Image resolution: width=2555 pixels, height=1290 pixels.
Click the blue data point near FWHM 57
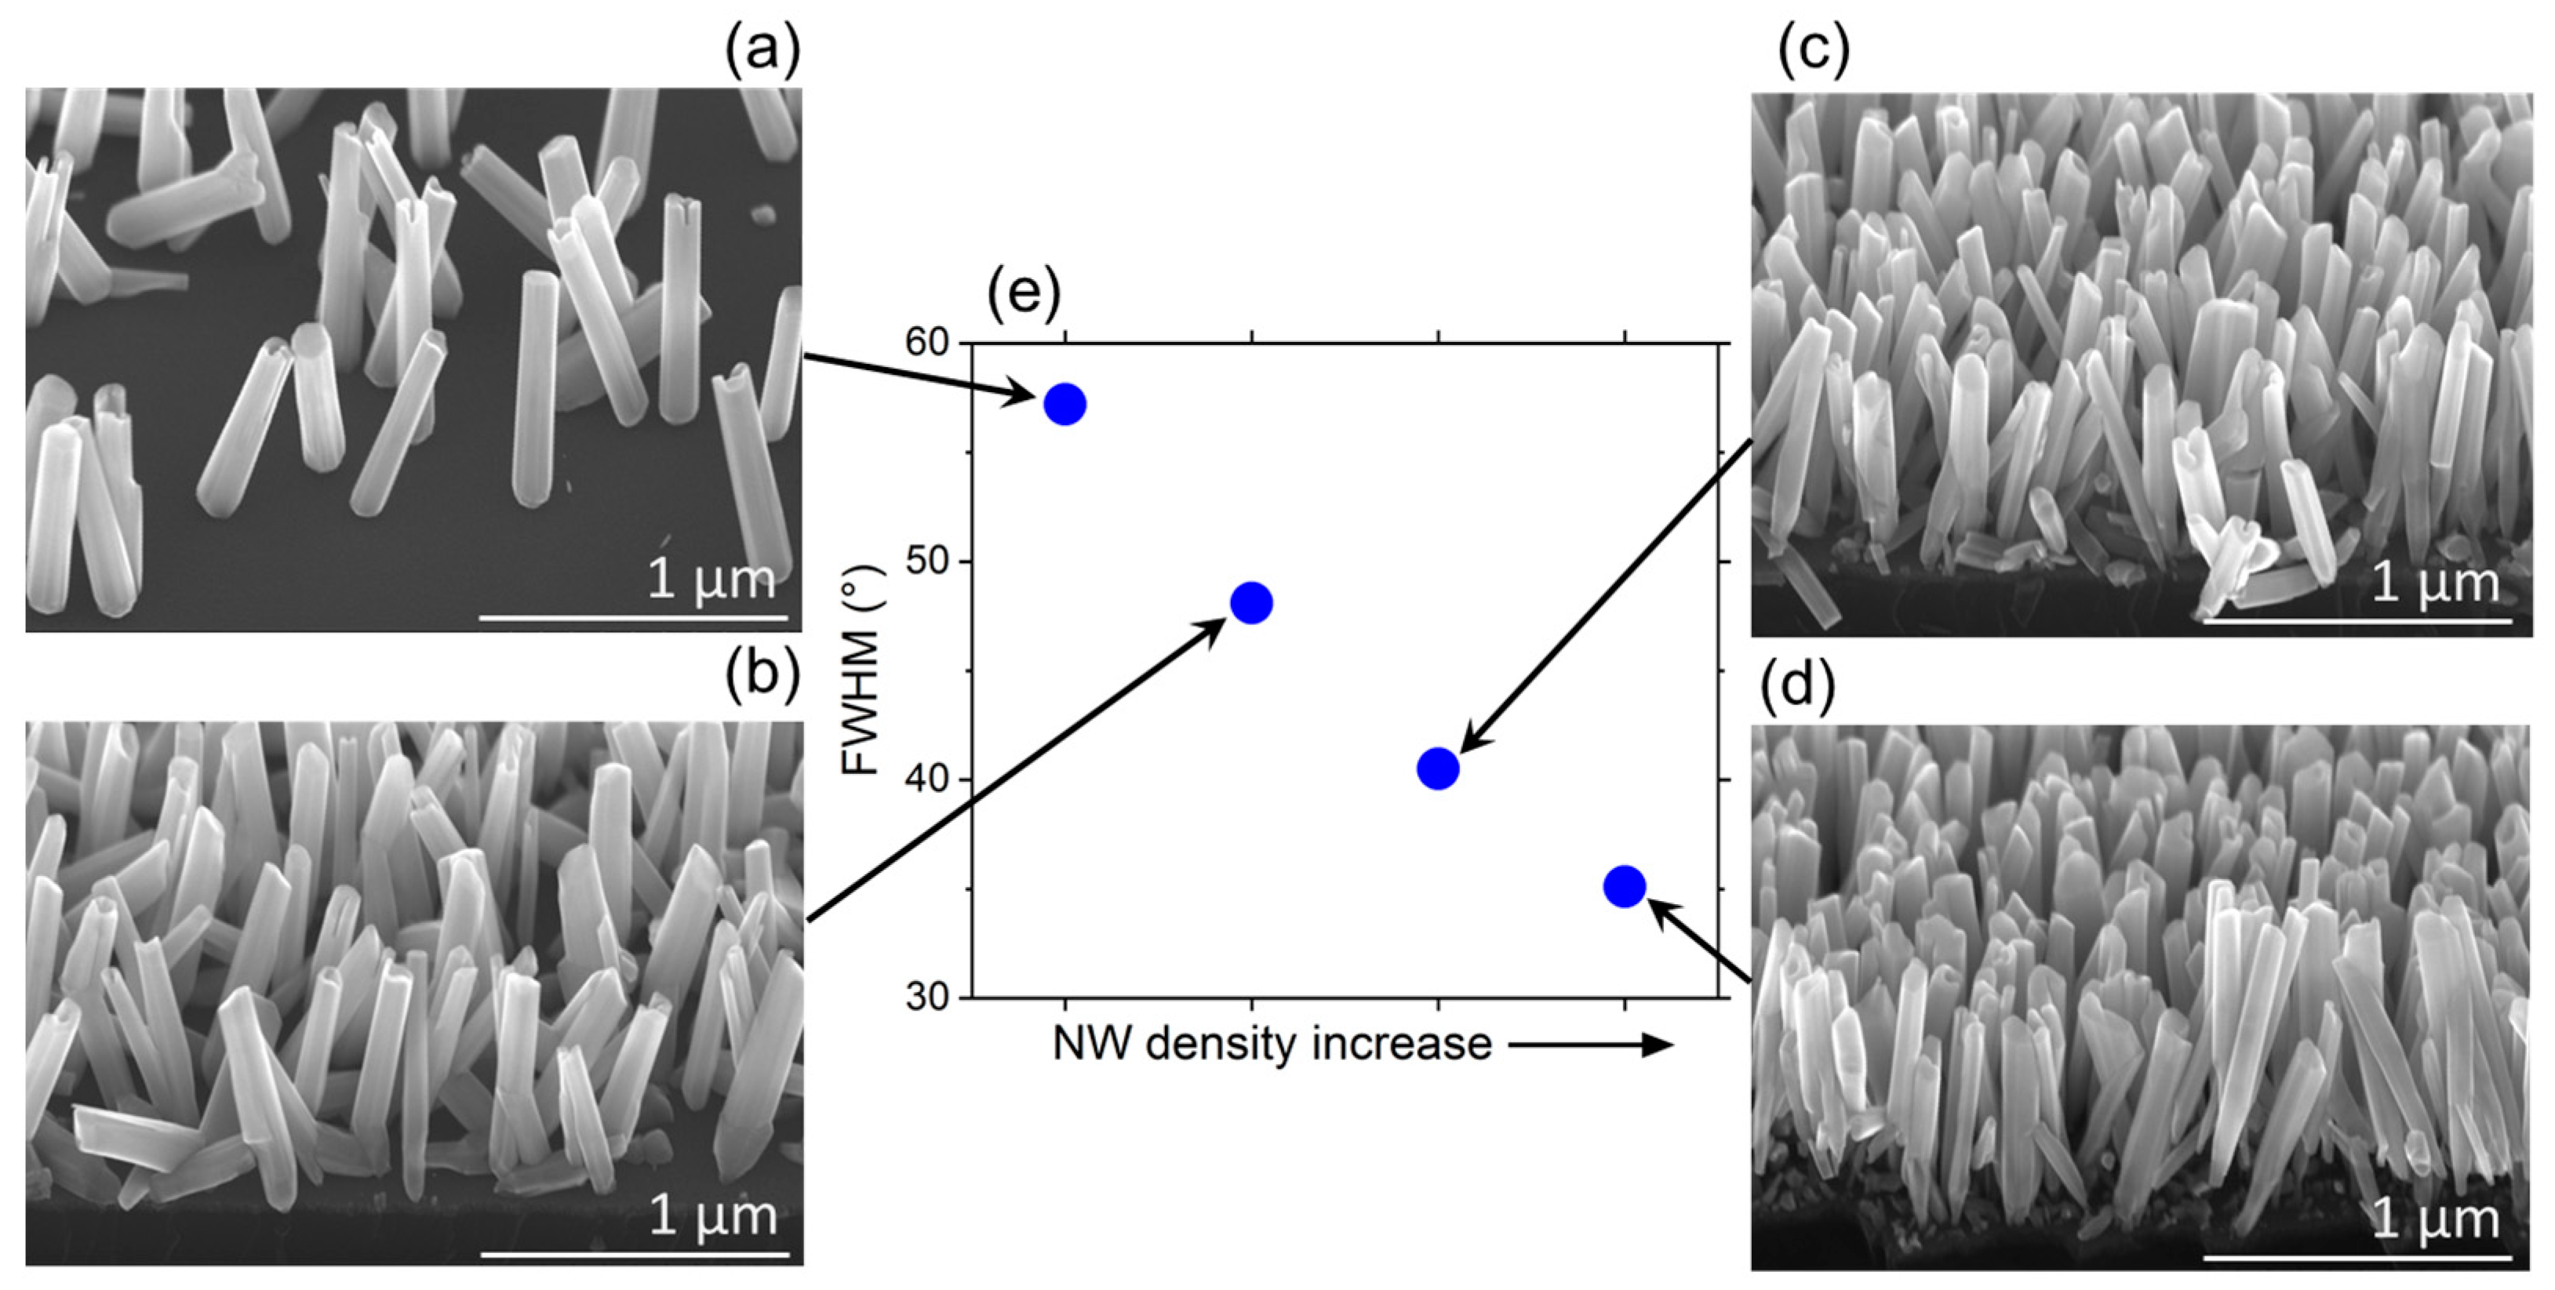coord(1065,405)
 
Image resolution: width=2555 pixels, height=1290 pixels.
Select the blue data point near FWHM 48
coord(1252,603)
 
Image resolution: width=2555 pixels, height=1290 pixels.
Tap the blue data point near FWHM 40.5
coord(1438,769)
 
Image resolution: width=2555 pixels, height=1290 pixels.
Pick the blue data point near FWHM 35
coord(1625,885)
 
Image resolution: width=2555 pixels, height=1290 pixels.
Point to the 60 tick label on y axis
coord(927,343)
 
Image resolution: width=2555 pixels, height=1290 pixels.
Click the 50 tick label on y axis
coord(927,562)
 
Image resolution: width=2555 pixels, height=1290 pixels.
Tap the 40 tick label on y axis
coord(927,780)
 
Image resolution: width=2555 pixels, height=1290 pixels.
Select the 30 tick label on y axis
coord(927,997)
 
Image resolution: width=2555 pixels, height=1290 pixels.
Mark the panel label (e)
coord(1024,293)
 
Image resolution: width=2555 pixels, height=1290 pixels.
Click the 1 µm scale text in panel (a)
coord(712,579)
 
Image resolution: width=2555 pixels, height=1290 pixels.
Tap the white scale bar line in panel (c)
coord(2357,622)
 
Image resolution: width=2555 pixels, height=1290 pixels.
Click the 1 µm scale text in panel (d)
coord(2435,1219)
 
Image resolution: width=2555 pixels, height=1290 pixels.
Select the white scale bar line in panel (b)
coord(635,1255)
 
